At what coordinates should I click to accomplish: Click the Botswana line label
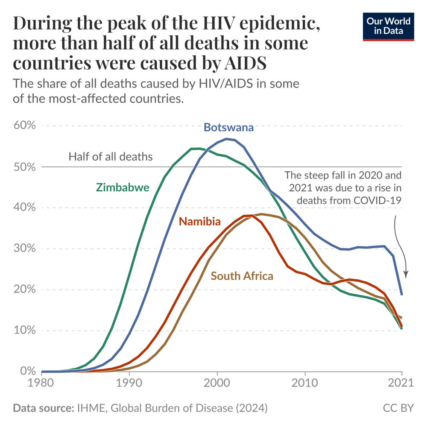click(x=228, y=127)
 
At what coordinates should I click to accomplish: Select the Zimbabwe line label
click(x=123, y=187)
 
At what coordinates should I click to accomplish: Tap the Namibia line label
click(x=200, y=221)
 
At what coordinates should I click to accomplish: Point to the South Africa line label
click(x=242, y=276)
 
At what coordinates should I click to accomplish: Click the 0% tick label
click(x=26, y=371)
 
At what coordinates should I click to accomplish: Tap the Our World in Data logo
click(x=389, y=26)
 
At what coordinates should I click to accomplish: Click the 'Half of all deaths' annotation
click(x=110, y=157)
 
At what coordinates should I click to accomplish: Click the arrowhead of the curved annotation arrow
click(x=406, y=276)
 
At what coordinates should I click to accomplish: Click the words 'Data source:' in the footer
click(x=44, y=408)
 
